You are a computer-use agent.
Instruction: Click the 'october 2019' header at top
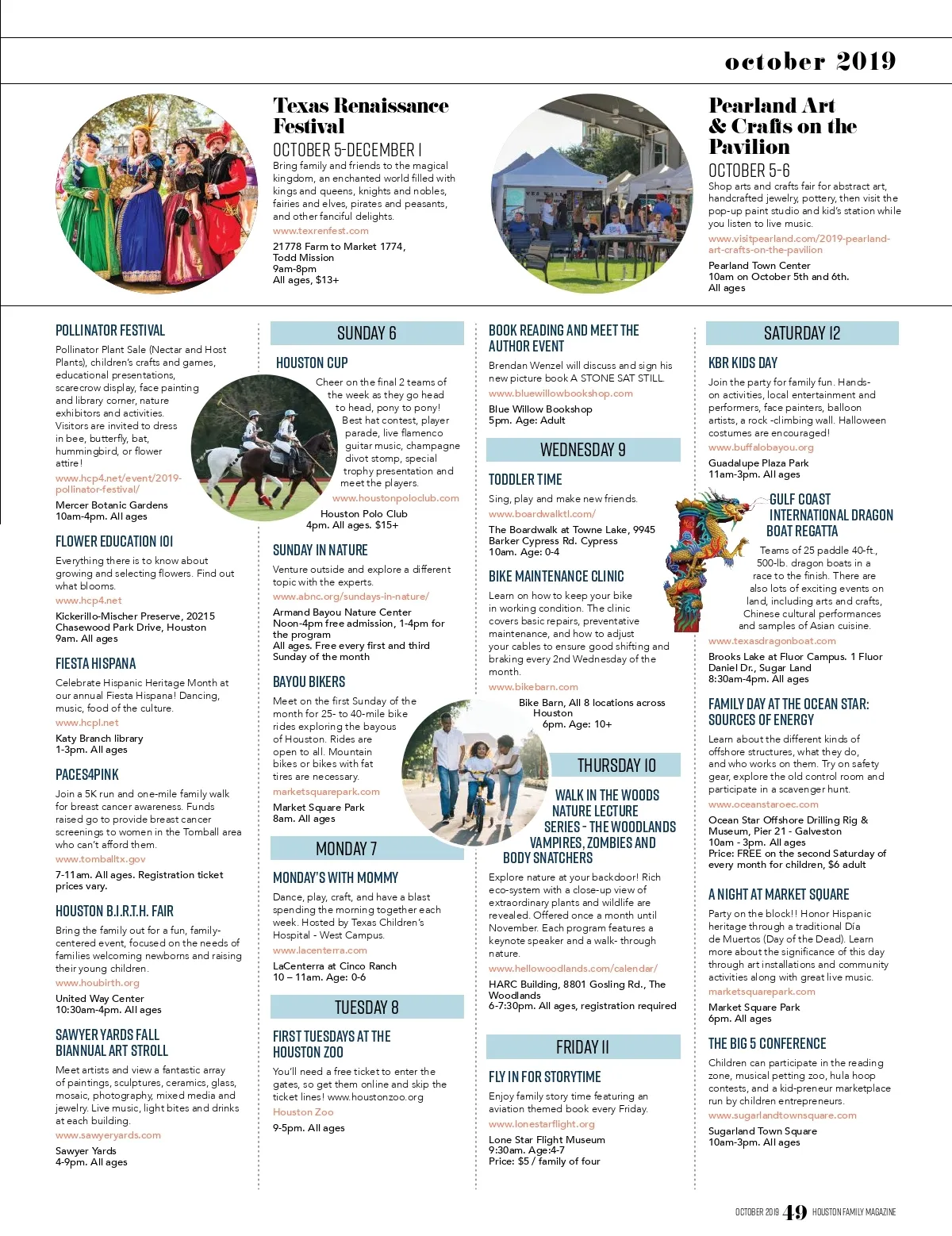pyautogui.click(x=810, y=61)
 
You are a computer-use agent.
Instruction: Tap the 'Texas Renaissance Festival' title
pyautogui.click(x=360, y=116)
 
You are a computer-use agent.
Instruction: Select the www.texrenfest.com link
pyautogui.click(x=321, y=231)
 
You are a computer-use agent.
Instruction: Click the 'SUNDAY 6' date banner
pyautogui.click(x=367, y=333)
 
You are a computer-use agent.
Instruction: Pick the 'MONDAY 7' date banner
pyautogui.click(x=346, y=849)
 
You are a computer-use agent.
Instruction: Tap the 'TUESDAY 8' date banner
pyautogui.click(x=367, y=1008)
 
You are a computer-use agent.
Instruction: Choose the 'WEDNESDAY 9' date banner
pyautogui.click(x=582, y=450)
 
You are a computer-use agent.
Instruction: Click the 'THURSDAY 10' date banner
pyautogui.click(x=616, y=766)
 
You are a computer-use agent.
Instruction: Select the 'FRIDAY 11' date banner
pyautogui.click(x=582, y=1047)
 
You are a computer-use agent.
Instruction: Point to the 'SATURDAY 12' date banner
pyautogui.click(x=801, y=333)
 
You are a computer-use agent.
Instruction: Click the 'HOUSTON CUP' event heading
pyautogui.click(x=312, y=363)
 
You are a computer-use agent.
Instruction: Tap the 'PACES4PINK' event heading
pyautogui.click(x=87, y=774)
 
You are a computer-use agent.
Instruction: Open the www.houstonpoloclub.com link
pyautogui.click(x=395, y=498)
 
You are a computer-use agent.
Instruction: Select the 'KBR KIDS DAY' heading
pyautogui.click(x=743, y=363)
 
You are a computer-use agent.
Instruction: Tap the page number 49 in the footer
pyautogui.click(x=794, y=1212)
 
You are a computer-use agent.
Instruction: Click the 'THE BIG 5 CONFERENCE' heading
pyautogui.click(x=767, y=1043)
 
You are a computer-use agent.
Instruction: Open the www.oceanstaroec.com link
pyautogui.click(x=763, y=804)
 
